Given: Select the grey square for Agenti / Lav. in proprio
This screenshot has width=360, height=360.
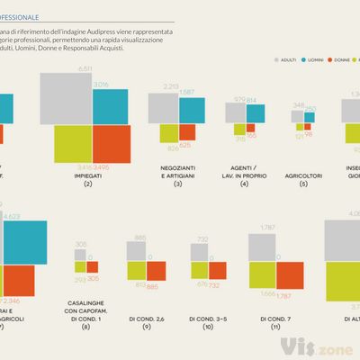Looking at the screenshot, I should coord(236,112).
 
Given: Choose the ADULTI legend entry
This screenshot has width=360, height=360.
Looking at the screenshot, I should coord(286,58).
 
